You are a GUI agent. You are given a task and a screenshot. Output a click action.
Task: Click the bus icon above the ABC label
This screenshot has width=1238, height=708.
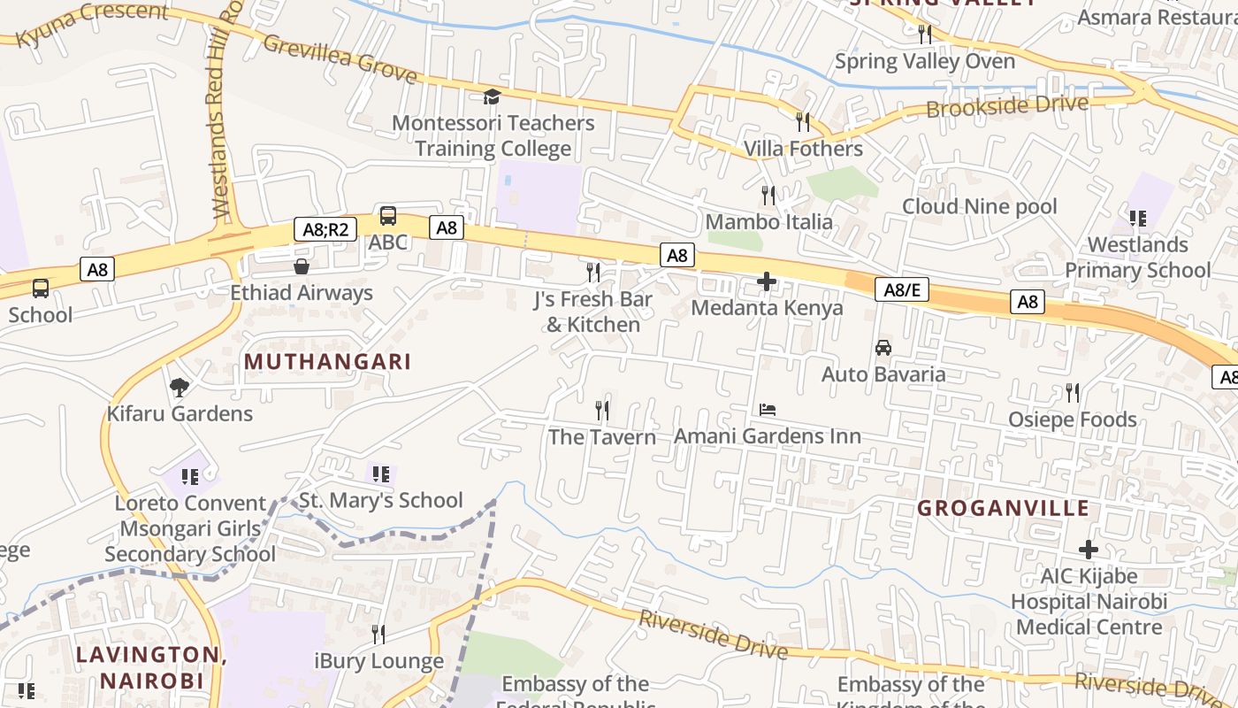coord(387,215)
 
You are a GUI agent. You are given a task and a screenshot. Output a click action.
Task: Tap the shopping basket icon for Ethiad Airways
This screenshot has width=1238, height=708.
coord(302,266)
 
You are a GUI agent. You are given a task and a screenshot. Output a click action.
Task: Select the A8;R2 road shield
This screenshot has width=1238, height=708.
coord(325,229)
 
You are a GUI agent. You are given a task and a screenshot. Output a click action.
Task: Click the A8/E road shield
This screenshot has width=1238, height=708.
coord(901,289)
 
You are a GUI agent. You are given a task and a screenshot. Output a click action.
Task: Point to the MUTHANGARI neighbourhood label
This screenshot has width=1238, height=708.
coord(327,362)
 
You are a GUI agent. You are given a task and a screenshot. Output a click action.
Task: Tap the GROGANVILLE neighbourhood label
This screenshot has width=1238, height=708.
coord(1003,508)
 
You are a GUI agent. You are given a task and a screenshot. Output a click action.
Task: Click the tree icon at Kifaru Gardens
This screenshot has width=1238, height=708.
coord(180,387)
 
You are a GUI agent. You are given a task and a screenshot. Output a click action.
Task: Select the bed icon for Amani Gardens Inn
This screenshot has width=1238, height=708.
coord(768,410)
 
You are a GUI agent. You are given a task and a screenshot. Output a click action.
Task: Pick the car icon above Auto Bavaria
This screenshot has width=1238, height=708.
coord(883,348)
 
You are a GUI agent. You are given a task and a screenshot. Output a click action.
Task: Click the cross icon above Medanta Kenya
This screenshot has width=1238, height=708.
coord(767,282)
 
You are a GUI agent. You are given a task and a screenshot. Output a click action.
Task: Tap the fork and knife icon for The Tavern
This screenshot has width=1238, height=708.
coord(602,410)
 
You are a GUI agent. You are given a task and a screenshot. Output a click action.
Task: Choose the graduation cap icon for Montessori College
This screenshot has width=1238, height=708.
coord(493,96)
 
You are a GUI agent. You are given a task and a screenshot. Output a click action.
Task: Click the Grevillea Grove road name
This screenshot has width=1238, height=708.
coord(340,58)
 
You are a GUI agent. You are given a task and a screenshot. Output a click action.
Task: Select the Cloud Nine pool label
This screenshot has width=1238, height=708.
coord(979,206)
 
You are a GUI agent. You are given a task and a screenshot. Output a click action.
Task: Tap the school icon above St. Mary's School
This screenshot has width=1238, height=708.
coord(380,474)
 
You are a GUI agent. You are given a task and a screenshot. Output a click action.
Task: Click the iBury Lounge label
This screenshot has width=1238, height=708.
coord(378,661)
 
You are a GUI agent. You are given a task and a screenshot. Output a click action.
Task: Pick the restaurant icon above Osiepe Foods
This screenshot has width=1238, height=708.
coord(1072,392)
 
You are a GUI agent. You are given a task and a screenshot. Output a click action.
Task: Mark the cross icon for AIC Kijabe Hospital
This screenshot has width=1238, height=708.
coord(1089,550)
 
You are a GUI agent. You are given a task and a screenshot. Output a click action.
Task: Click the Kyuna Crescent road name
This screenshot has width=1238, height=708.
coord(92,25)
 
